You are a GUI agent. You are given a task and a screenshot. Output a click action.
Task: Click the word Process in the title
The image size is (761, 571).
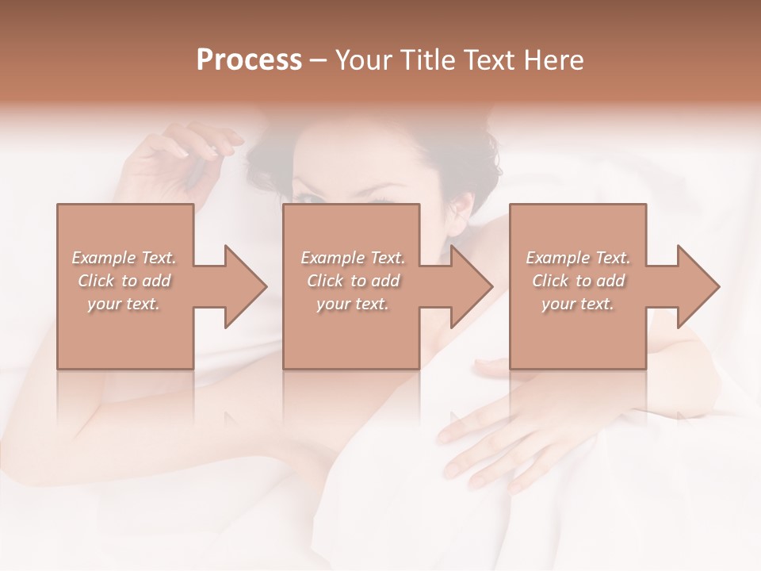click(x=249, y=60)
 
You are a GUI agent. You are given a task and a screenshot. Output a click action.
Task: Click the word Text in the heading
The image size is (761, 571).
click(x=490, y=60)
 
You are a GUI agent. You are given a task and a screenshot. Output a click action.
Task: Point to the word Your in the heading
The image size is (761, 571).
click(x=365, y=60)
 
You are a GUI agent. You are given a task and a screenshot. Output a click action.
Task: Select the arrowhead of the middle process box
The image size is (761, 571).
click(x=469, y=286)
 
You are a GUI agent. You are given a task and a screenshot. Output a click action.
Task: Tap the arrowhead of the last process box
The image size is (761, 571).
click(x=696, y=286)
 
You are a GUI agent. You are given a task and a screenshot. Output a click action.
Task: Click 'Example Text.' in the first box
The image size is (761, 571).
click(x=124, y=258)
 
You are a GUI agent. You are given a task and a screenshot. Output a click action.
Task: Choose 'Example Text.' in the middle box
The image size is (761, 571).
click(x=353, y=258)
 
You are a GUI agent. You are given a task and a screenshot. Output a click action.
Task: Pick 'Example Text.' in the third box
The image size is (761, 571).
click(x=578, y=258)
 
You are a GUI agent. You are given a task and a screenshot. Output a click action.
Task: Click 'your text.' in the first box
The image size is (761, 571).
click(x=124, y=304)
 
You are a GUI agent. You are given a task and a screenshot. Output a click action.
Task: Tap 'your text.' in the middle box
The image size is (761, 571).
click(x=353, y=304)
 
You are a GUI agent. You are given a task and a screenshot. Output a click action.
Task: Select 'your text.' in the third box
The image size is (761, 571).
click(x=578, y=304)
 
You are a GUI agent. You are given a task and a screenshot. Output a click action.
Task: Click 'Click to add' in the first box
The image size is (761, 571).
click(x=124, y=281)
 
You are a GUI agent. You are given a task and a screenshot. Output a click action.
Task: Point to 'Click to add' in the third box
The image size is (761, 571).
click(x=578, y=281)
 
